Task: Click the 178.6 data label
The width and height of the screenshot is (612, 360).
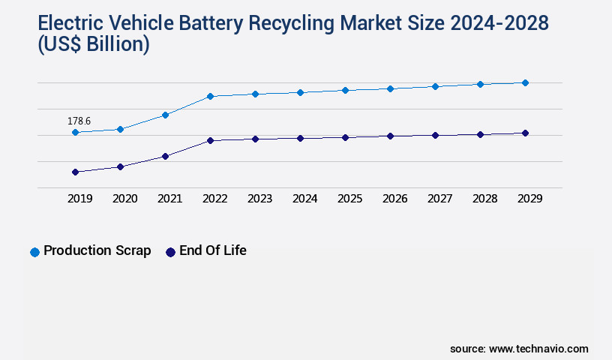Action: coord(79,121)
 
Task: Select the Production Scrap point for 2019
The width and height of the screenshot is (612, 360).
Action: coord(75,132)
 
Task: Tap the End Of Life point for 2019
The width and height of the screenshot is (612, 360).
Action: coord(75,172)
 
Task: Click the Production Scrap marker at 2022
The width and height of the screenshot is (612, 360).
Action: coord(210,96)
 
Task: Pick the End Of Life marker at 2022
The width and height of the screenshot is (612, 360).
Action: coord(210,140)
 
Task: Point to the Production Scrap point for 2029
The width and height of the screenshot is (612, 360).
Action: coord(525,82)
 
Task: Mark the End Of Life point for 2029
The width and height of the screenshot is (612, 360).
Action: coord(525,133)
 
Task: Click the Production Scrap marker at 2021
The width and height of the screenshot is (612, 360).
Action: coord(165,115)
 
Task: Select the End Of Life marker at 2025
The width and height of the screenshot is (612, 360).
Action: coord(345,137)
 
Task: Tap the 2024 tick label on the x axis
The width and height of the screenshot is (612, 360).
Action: coord(304,199)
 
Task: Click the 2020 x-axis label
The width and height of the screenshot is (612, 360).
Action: coord(124,199)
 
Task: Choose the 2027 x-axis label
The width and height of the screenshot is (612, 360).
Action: coord(439,199)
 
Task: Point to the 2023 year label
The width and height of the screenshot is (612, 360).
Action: coord(259,199)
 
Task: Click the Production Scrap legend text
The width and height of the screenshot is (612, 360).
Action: coord(97,250)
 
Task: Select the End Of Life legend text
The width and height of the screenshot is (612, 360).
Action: coord(212,250)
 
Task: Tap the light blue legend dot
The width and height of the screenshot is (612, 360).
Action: coord(34,252)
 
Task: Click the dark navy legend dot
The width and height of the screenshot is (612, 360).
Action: coord(170,252)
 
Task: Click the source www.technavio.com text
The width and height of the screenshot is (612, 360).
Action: coord(519,349)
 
